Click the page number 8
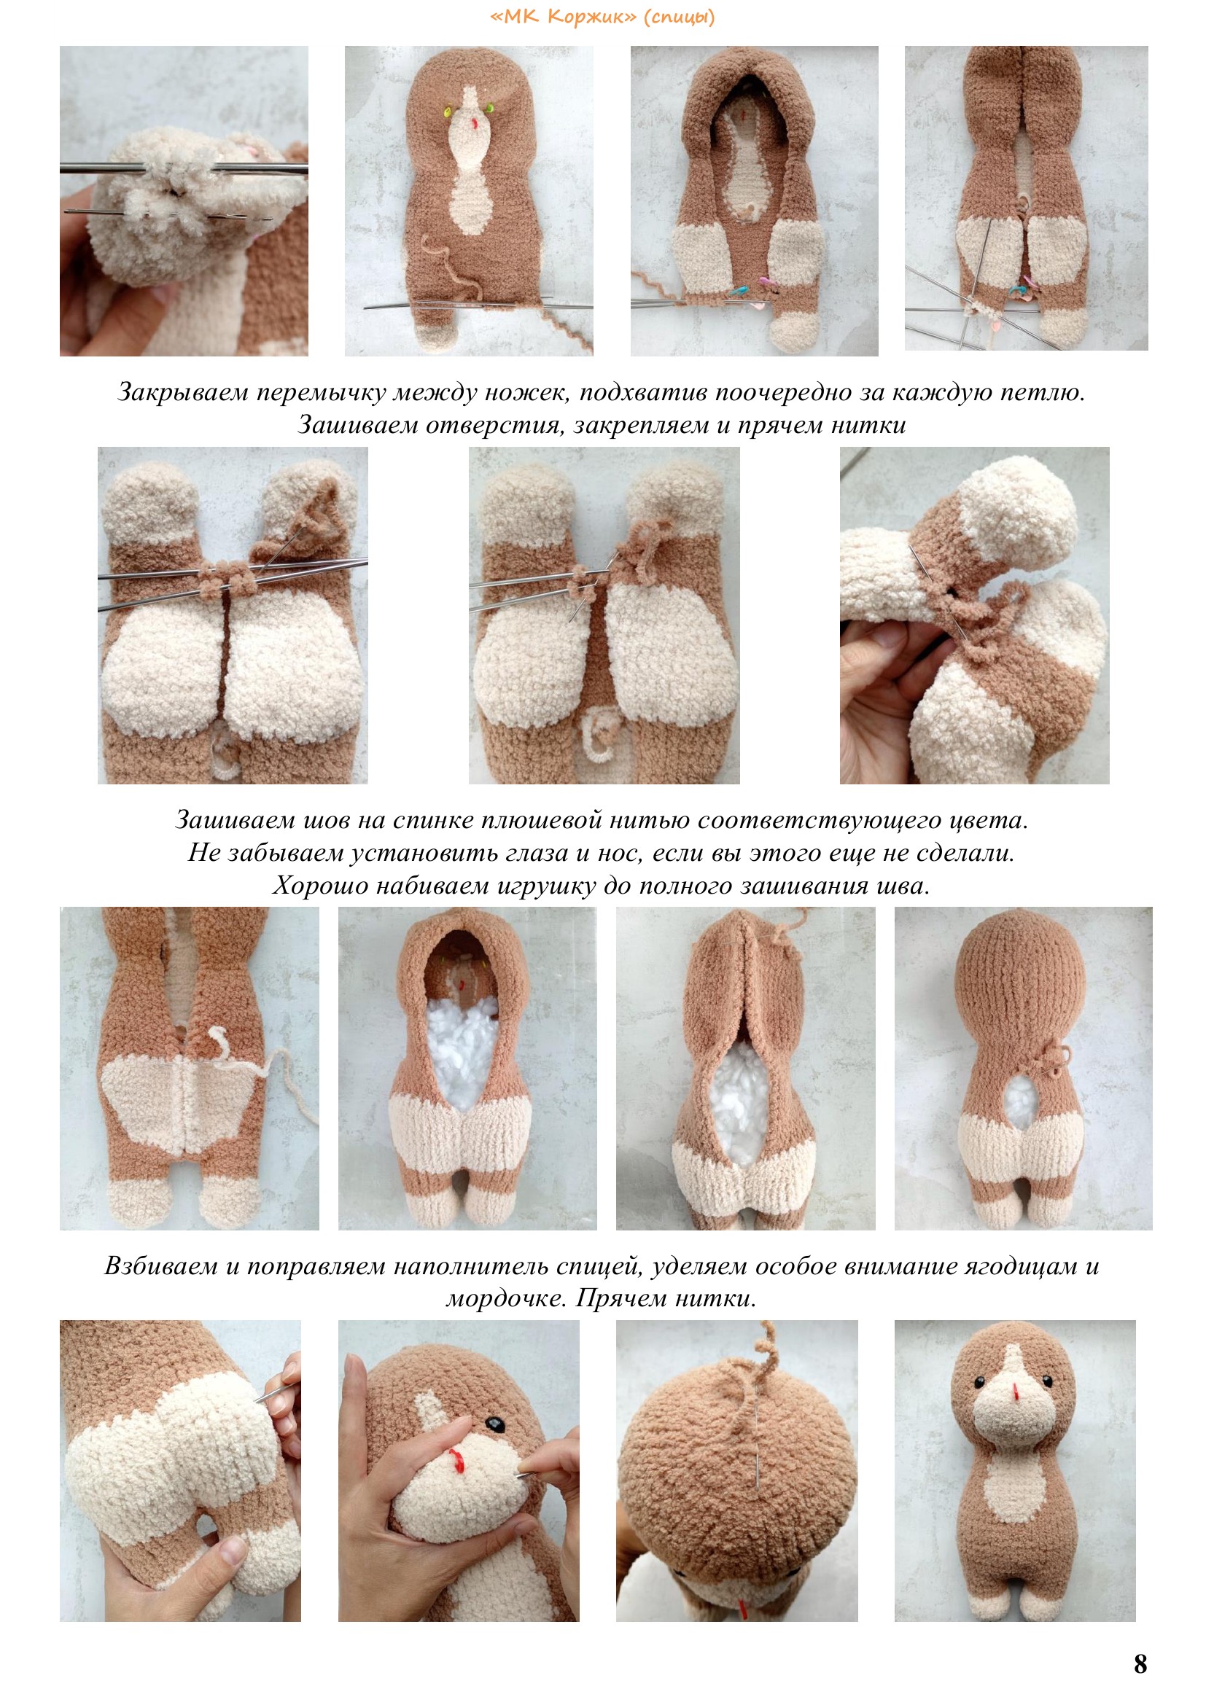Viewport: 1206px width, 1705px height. click(1140, 1663)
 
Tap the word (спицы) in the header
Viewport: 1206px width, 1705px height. click(679, 17)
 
